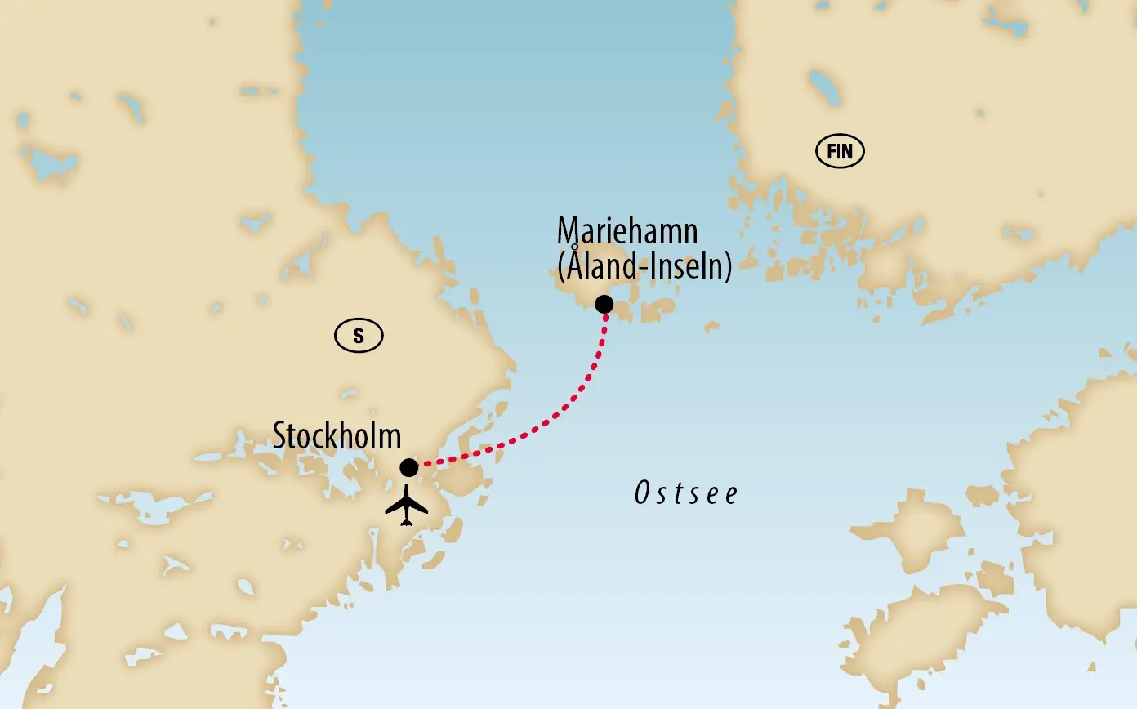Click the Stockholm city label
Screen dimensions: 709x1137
click(x=337, y=436)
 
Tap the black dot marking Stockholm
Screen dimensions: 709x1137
click(x=409, y=467)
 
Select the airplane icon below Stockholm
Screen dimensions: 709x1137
click(x=407, y=506)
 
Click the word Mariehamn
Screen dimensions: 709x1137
click(x=627, y=232)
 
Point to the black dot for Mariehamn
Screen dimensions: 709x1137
click(x=604, y=305)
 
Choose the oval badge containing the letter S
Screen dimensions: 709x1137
click(x=359, y=335)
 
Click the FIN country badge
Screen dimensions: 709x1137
click(x=840, y=152)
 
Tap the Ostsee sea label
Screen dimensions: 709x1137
click(x=686, y=493)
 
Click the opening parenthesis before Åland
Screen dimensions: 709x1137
click(x=561, y=267)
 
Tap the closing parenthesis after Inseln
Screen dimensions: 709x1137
click(x=727, y=267)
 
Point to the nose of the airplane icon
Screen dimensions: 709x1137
click(x=407, y=488)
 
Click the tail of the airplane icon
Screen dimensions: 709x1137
click(x=407, y=523)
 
